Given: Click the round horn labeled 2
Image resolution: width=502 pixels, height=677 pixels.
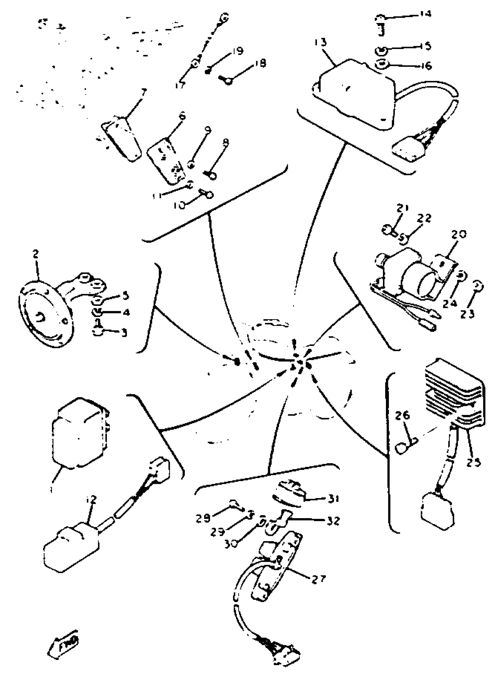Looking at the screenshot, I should pos(45,314).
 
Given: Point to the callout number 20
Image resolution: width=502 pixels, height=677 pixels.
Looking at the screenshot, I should pos(459,235).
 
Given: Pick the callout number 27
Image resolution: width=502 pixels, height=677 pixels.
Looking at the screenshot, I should pos(318,579).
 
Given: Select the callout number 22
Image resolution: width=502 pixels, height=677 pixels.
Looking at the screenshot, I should pos(424,218).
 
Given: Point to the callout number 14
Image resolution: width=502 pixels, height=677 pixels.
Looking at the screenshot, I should pos(425,14).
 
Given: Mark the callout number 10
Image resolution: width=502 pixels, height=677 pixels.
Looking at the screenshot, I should pos(179,206).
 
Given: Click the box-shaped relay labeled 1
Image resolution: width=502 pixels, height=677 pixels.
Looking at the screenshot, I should pos(80,433).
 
